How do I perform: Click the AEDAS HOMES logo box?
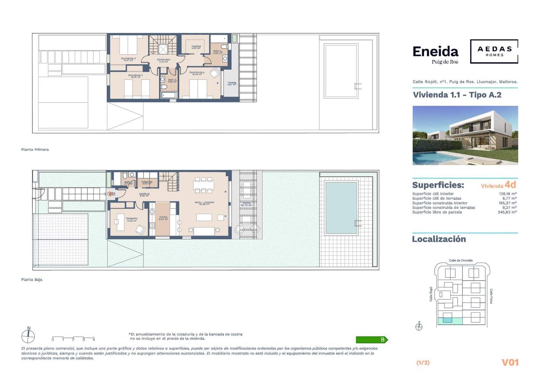[x=494, y=51]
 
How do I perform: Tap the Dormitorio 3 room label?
[x=128, y=59]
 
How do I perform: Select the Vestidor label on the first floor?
[x=196, y=47]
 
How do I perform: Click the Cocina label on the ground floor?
[x=163, y=218]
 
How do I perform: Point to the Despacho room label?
[x=132, y=219]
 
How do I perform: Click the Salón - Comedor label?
[x=204, y=203]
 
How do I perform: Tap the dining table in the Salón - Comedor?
[x=204, y=185]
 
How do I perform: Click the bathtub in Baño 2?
[x=168, y=95]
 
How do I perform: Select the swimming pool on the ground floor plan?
[x=341, y=208]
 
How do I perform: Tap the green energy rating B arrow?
[x=372, y=340]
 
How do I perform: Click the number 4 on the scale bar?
[x=94, y=340]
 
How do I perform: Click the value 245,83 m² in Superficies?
[x=507, y=212]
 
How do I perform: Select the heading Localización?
[x=439, y=239]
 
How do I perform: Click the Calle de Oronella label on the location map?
[x=461, y=260]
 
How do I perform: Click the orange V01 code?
[x=510, y=362]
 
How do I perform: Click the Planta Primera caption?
[x=35, y=150]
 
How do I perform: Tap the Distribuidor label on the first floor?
[x=163, y=61]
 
